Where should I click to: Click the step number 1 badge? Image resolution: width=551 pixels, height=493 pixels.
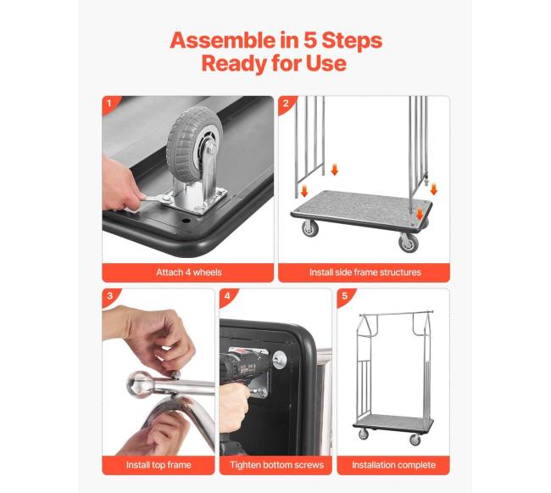109,104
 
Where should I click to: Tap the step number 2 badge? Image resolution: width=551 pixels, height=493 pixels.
286,104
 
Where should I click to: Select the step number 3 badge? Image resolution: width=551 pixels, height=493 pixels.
109,296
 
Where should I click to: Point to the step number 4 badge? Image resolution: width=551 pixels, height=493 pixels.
227,296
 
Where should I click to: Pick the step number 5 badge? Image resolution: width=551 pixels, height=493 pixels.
344,296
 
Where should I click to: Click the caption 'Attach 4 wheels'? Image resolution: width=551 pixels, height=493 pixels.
189,272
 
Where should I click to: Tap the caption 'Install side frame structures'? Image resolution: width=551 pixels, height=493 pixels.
365,272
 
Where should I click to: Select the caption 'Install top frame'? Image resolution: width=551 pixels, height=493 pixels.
159,465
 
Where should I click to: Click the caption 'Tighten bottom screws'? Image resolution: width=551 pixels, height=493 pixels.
276,465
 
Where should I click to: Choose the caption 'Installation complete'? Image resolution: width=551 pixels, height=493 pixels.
393,465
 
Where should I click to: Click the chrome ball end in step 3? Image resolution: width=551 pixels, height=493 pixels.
140,384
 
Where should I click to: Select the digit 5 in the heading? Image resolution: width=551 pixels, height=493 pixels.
310,41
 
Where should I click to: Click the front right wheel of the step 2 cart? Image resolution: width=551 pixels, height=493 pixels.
409,243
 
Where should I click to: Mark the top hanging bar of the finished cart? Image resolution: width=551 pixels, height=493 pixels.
396,312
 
